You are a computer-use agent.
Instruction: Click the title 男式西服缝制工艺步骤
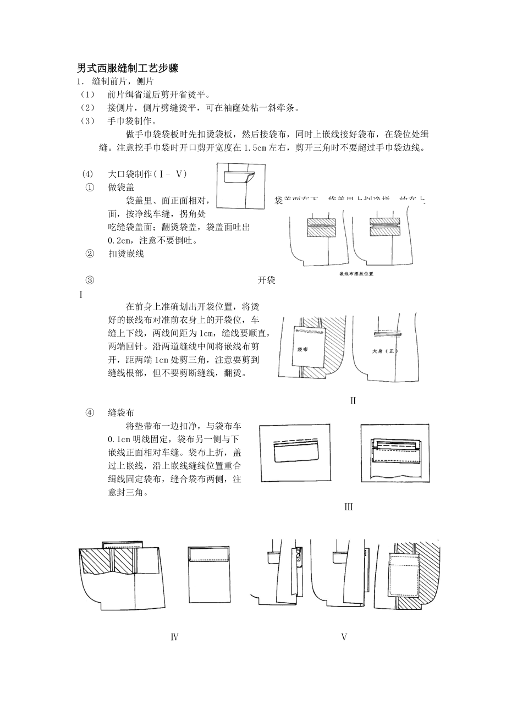tap(128, 69)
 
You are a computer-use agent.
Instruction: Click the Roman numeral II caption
tap(353, 401)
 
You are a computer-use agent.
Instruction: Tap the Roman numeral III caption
tap(348, 507)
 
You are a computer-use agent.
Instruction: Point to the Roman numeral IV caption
tap(174, 637)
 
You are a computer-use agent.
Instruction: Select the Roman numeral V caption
tap(344, 637)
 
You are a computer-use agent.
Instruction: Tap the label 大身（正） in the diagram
tap(385, 351)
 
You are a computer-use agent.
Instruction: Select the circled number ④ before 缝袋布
tap(90, 412)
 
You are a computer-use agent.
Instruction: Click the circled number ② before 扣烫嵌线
tap(90, 254)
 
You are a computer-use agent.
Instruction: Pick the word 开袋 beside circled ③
tap(266, 280)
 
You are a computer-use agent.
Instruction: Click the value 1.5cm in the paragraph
tap(255, 148)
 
